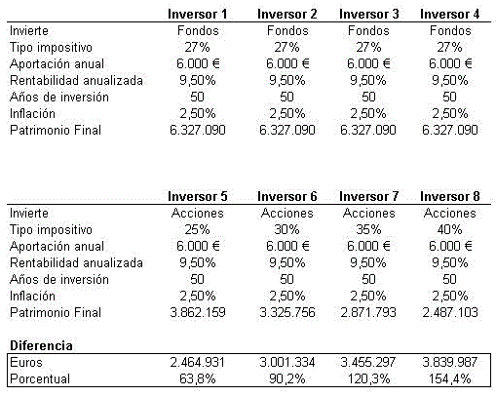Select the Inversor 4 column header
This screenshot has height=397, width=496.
(x=449, y=14)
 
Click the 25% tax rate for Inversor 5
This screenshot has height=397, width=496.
(x=204, y=229)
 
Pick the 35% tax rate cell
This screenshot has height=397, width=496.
(x=368, y=229)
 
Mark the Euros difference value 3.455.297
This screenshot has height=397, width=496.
(x=368, y=362)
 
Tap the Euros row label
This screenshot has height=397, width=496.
(x=25, y=362)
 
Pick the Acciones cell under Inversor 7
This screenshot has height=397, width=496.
(x=368, y=213)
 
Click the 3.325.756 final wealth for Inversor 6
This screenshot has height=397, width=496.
(x=287, y=312)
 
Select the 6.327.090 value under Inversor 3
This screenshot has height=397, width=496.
(x=368, y=130)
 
